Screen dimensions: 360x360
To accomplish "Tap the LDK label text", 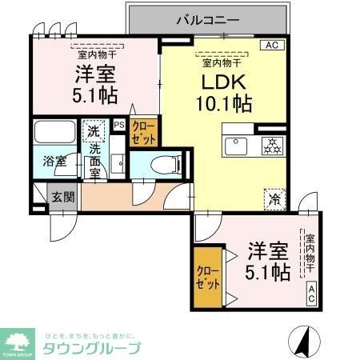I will [214, 82].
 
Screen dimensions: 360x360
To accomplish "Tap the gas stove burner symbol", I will [271, 145].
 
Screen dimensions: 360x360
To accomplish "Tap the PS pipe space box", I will [119, 125].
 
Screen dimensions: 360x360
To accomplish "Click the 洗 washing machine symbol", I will [94, 131].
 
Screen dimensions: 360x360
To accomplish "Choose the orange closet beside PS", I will [144, 131].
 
